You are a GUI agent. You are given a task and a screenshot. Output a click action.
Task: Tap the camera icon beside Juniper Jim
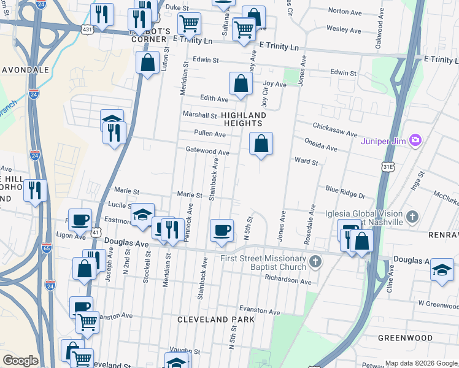[415, 141]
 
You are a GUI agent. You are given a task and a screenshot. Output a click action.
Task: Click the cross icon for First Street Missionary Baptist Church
[315, 263]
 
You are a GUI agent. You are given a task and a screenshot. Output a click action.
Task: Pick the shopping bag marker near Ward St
[261, 144]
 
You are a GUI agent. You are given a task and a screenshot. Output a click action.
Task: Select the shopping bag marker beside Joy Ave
[241, 84]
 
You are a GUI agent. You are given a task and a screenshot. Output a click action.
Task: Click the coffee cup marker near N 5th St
[222, 231]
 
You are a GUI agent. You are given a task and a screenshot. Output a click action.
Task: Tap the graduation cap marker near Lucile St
[142, 215]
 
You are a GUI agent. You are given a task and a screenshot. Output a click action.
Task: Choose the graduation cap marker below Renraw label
[442, 270]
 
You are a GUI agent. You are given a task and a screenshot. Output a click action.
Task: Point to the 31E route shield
[387, 166]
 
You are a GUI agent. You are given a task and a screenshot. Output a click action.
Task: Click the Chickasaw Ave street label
[335, 130]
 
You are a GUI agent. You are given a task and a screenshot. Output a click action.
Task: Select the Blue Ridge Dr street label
[345, 192]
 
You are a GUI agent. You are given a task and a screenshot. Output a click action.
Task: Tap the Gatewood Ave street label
[207, 151]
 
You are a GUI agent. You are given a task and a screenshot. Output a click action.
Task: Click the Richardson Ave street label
[288, 278]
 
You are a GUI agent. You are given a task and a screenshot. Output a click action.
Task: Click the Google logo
[21, 361]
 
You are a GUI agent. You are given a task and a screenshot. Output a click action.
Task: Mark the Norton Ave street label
[345, 10]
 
